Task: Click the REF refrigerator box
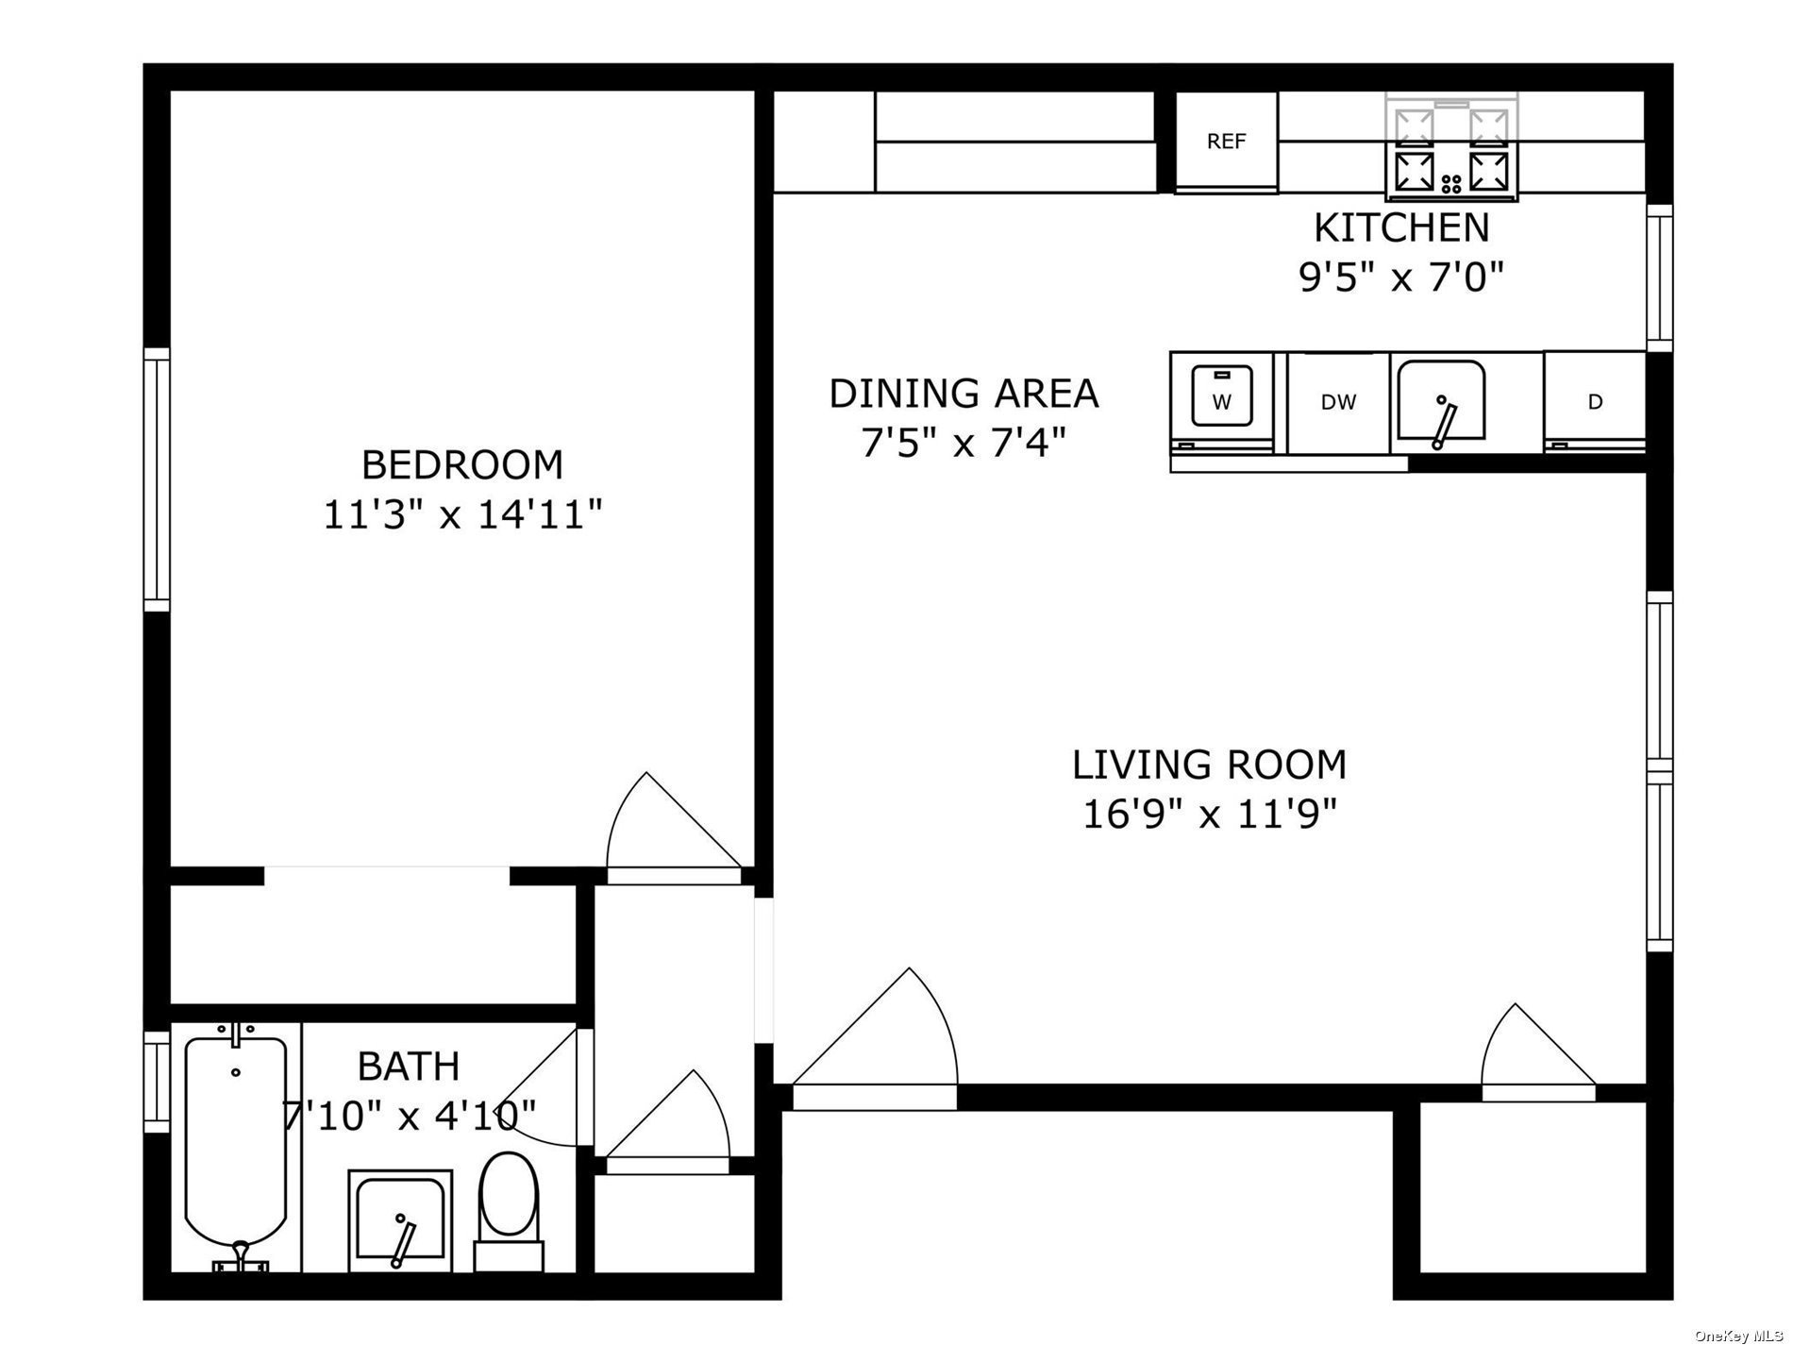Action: coord(1226,143)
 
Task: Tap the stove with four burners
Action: coord(1451,148)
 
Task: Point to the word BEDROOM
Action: coord(462,465)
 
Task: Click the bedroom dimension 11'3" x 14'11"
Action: coord(462,515)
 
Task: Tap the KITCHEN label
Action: coord(1401,227)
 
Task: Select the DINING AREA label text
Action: coord(964,394)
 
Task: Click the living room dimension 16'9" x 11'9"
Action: coord(1209,814)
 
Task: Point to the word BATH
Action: coord(409,1067)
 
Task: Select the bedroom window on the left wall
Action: coord(157,479)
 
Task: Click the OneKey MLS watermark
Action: coord(1738,1335)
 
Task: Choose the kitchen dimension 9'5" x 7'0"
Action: coord(1401,277)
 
